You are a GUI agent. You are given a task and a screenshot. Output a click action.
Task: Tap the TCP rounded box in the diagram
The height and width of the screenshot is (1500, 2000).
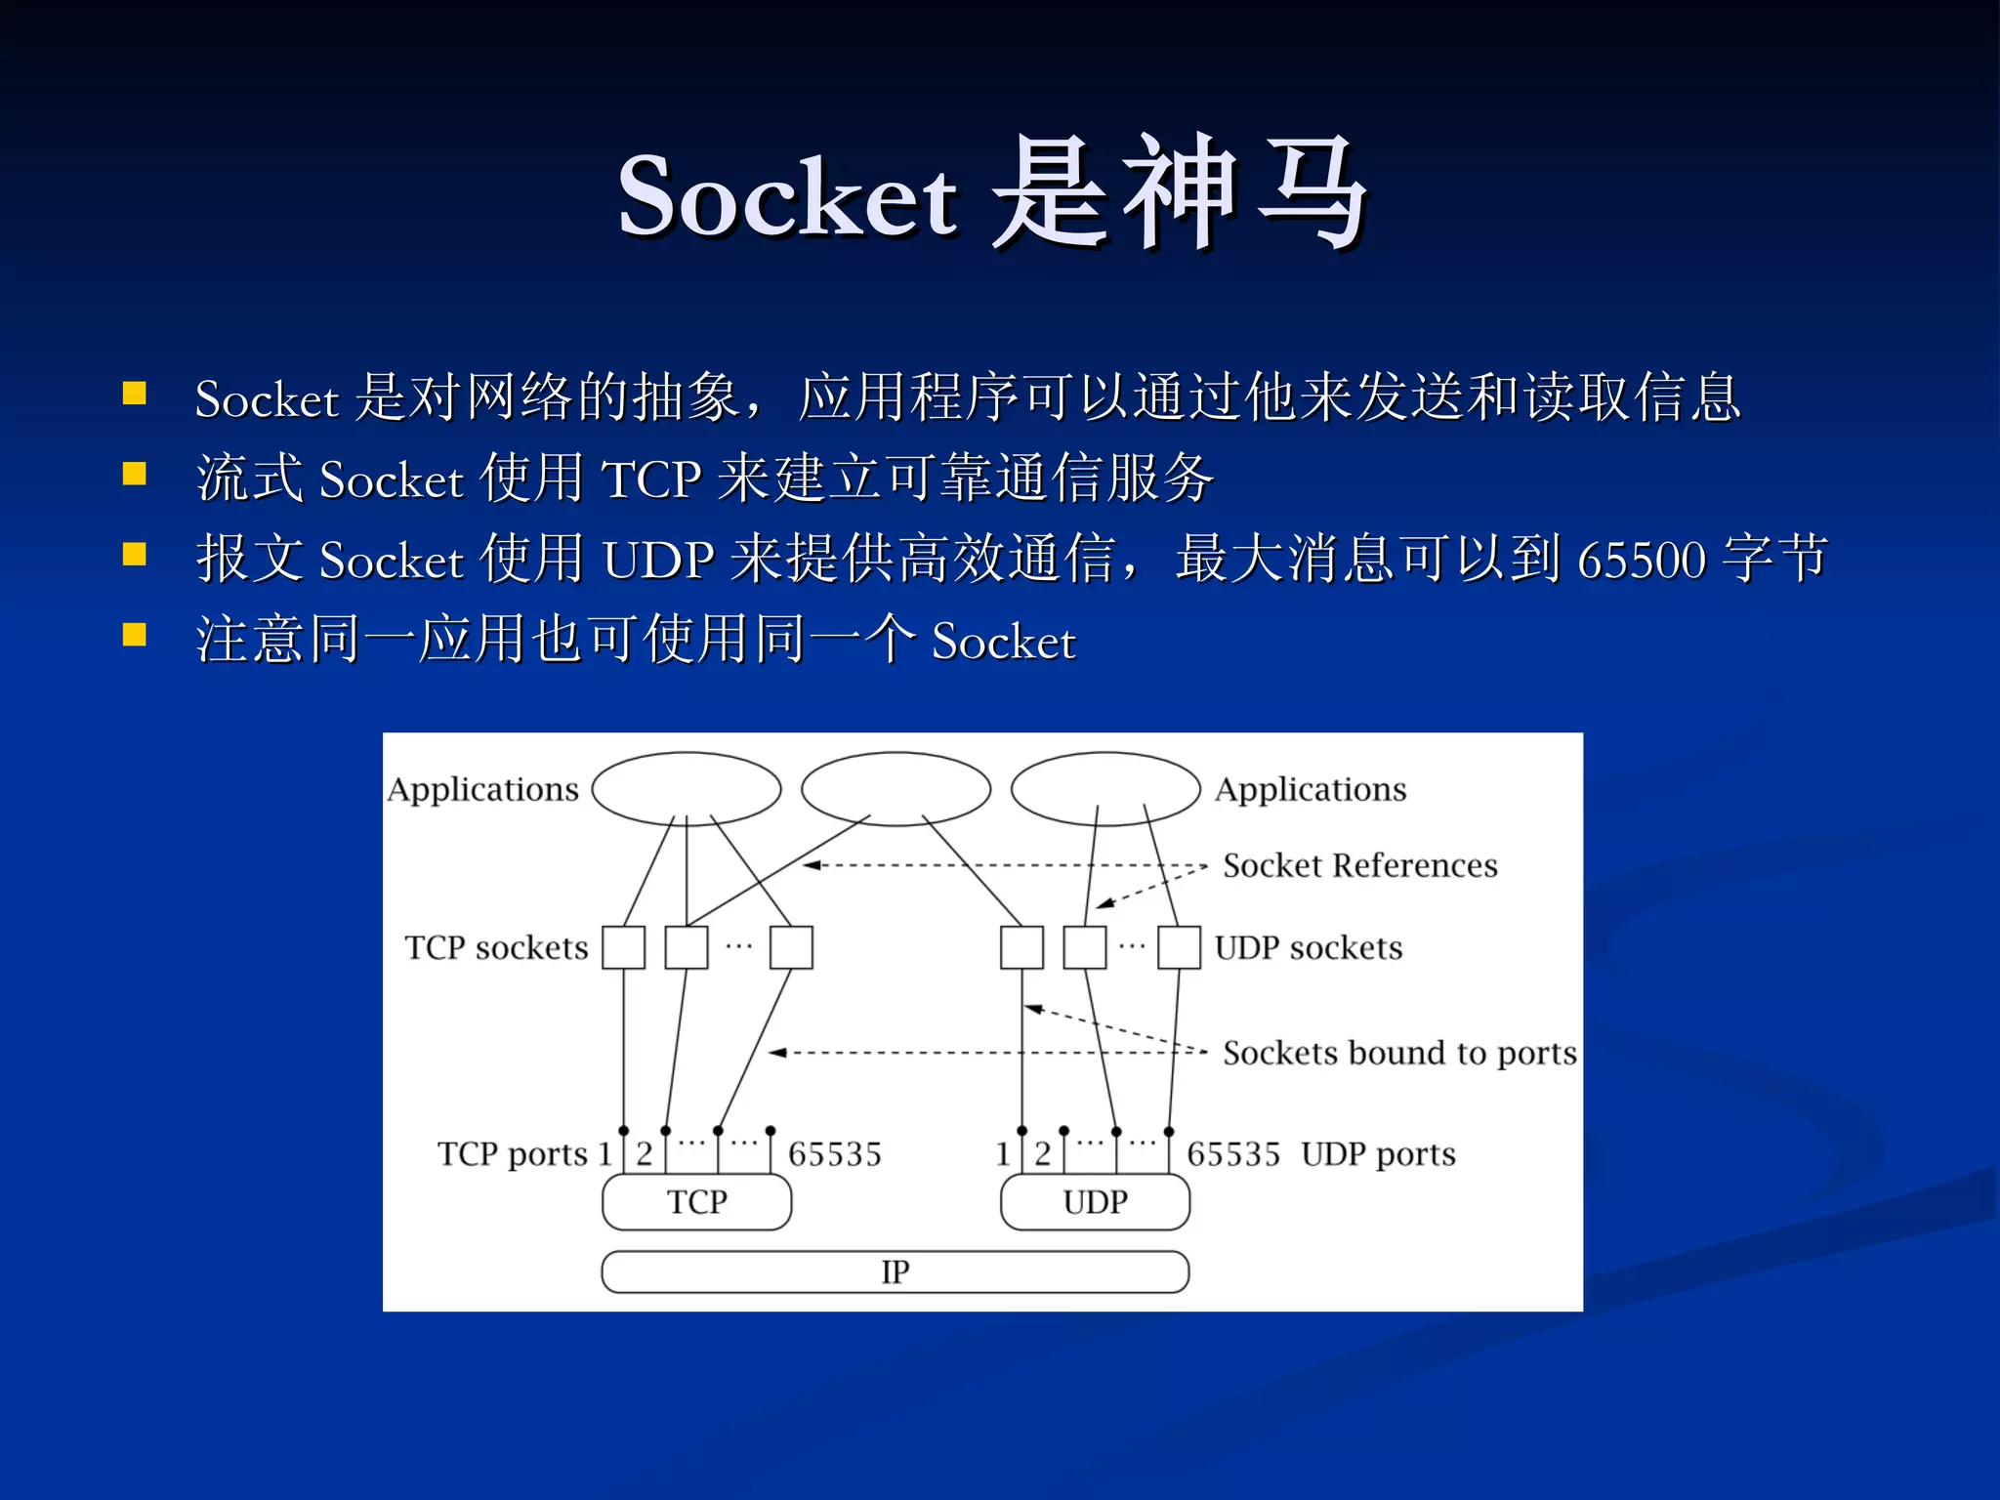tap(696, 1201)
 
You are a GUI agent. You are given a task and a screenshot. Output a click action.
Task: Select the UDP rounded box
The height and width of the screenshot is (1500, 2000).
tap(1095, 1201)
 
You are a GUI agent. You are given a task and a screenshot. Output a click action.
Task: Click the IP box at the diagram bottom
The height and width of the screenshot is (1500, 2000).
tap(895, 1271)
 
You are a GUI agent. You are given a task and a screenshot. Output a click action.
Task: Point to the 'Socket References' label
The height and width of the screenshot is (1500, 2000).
tap(1359, 865)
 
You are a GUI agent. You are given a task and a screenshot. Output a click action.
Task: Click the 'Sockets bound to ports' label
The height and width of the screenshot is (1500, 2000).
tap(1399, 1053)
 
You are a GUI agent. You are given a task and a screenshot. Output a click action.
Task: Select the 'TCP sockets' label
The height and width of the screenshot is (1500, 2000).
tap(496, 947)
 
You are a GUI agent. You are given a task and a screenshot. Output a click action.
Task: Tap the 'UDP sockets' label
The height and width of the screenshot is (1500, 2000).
tap(1309, 947)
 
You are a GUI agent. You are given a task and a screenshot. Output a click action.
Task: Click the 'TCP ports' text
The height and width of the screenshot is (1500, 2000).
tap(512, 1154)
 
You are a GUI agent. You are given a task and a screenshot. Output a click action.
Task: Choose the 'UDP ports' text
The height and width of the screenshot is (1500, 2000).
tap(1378, 1154)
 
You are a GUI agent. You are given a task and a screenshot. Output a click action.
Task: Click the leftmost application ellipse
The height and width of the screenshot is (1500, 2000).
tap(687, 788)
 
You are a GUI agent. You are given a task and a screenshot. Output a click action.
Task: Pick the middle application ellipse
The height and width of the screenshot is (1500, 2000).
tap(896, 788)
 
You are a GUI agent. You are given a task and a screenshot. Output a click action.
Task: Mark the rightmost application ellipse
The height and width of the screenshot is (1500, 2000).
tap(1105, 788)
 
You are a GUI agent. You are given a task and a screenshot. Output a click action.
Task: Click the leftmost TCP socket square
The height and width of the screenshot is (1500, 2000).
tap(623, 947)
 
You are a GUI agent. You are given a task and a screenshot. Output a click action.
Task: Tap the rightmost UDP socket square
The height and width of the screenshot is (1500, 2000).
tap(1179, 947)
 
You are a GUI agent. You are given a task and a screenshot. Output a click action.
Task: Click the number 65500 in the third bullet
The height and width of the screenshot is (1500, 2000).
tap(1642, 560)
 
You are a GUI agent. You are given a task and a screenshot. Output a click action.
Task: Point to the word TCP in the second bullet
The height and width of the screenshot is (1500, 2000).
tap(651, 479)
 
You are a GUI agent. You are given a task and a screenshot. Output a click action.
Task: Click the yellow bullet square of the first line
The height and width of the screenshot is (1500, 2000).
tap(135, 393)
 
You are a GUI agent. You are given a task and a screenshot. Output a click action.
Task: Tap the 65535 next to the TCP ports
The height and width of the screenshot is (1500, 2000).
tap(834, 1154)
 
